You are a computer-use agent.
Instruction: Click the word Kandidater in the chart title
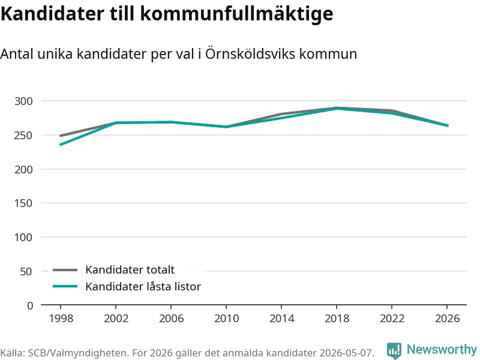tap(52, 13)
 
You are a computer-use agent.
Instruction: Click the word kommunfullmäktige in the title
tap(236, 14)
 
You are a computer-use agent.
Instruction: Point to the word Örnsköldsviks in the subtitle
tap(250, 53)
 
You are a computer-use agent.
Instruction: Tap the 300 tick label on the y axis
tap(23, 101)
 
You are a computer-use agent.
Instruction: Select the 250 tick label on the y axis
tap(23, 136)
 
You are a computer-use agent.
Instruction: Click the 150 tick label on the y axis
tap(23, 203)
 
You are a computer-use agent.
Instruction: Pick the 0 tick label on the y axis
tap(30, 305)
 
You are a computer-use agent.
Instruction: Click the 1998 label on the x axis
tap(61, 319)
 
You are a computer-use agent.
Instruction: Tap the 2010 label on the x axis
tap(227, 319)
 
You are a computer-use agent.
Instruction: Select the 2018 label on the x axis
tap(337, 319)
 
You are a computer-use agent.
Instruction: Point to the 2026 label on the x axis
tap(447, 319)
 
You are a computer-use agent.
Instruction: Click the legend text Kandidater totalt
tap(130, 269)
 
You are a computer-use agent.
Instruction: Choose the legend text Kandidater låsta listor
tap(143, 287)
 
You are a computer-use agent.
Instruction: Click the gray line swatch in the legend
tap(65, 270)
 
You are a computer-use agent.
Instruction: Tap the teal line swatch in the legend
tap(65, 287)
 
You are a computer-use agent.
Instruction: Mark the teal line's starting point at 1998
tap(61, 145)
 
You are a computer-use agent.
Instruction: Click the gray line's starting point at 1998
tap(61, 136)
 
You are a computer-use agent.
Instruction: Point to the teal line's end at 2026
tap(448, 125)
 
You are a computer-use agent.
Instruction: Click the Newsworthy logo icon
tap(394, 350)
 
